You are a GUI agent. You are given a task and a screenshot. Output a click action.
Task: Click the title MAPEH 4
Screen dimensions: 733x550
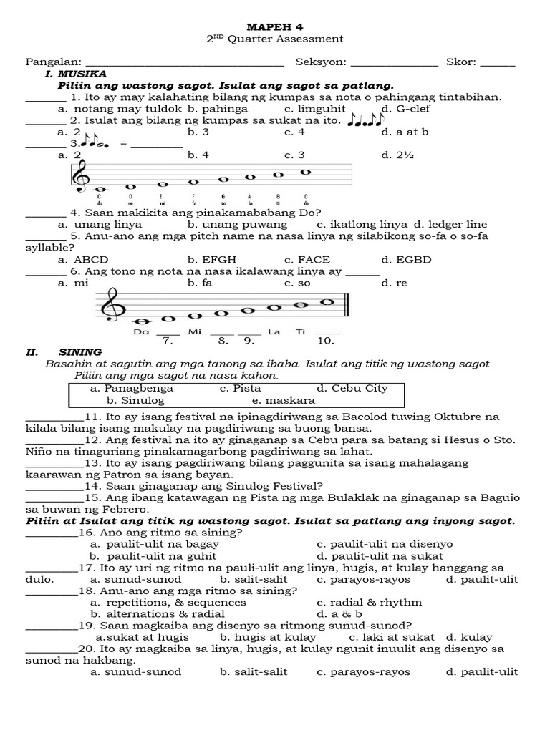(x=275, y=25)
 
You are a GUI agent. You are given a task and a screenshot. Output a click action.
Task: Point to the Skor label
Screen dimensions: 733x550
(x=461, y=62)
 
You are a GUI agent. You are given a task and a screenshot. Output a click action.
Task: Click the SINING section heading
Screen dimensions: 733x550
(x=80, y=352)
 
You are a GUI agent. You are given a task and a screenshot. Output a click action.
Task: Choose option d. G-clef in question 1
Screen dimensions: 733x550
(x=406, y=109)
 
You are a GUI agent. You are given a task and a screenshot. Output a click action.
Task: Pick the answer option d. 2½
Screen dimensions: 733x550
(x=395, y=155)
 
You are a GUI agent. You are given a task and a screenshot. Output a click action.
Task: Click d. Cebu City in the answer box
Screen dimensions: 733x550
(x=352, y=388)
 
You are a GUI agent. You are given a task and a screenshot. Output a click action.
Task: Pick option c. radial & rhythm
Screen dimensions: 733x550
(x=369, y=602)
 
